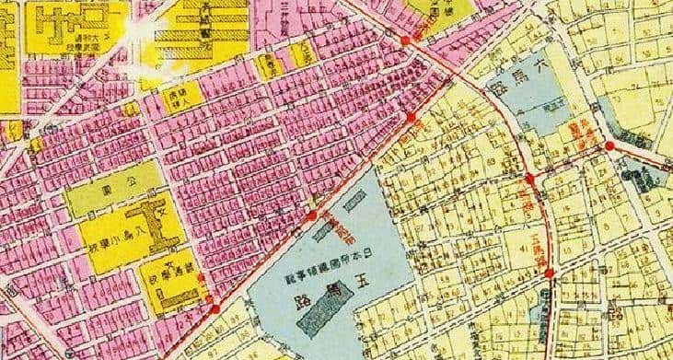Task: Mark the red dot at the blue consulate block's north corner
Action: coord(311,216)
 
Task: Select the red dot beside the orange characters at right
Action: coord(609,145)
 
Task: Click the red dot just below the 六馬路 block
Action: coord(530,178)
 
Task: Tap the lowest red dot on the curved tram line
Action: coord(549,273)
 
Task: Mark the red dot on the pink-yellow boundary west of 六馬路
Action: coord(411,117)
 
